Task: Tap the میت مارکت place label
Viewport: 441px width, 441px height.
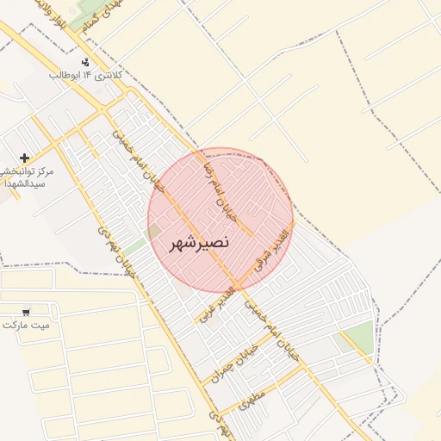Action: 26,325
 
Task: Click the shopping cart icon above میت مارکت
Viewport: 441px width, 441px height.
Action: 27,311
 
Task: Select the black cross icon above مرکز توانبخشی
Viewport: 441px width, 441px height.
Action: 24,158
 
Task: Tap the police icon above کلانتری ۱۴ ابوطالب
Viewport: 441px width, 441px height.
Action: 85,62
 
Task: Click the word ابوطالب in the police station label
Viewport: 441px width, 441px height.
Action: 65,76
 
